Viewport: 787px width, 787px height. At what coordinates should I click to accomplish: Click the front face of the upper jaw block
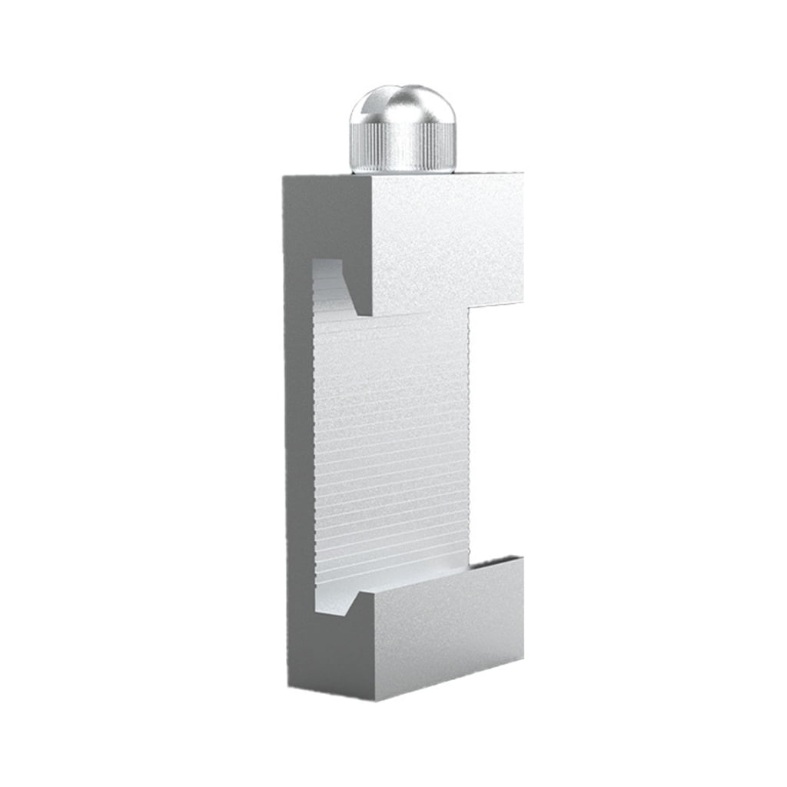[446, 238]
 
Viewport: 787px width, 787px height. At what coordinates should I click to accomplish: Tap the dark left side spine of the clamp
[300, 461]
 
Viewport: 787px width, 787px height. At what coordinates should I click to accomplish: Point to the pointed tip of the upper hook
[360, 314]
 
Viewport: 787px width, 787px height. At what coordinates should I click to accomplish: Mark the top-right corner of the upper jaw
[523, 174]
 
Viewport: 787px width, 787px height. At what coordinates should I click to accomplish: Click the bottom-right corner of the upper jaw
[523, 301]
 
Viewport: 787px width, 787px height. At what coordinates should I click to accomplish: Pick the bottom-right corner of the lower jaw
[523, 659]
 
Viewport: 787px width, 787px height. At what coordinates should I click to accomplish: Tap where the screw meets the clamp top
[403, 171]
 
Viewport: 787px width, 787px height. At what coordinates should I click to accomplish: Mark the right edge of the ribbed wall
[467, 438]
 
